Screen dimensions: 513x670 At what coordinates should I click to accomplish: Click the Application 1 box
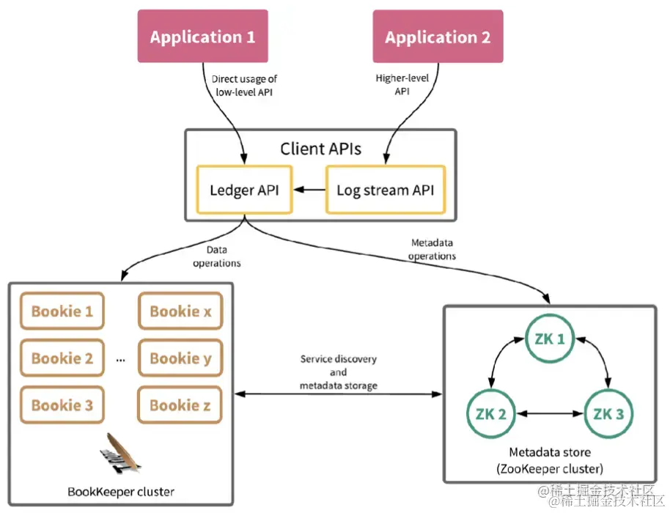click(202, 37)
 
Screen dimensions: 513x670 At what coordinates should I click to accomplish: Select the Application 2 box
click(438, 37)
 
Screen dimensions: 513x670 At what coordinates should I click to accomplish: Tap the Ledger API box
click(244, 190)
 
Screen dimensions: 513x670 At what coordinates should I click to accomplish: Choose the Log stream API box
click(385, 190)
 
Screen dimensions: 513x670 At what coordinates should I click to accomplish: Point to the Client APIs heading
click(322, 150)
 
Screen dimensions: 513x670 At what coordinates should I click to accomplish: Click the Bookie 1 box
click(62, 311)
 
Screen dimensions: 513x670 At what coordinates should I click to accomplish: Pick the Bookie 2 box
click(62, 358)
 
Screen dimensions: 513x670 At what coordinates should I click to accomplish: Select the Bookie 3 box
click(62, 405)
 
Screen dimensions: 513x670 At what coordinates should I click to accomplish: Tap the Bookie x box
click(180, 311)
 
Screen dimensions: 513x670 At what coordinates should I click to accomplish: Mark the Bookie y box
click(180, 358)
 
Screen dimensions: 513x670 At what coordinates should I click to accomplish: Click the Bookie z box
click(180, 405)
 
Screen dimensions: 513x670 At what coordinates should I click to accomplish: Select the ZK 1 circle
click(550, 340)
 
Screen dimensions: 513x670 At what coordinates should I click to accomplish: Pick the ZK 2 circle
click(491, 413)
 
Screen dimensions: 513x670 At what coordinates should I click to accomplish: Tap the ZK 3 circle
click(608, 413)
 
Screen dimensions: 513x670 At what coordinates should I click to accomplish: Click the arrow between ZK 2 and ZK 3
click(549, 414)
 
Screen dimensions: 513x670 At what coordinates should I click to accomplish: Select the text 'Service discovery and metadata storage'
click(338, 372)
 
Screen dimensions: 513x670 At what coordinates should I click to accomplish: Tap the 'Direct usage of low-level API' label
click(244, 84)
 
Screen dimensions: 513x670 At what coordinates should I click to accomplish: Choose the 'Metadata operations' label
click(432, 250)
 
